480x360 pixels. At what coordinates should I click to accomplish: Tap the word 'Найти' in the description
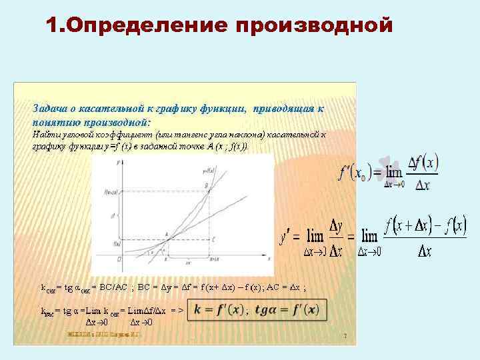point(45,134)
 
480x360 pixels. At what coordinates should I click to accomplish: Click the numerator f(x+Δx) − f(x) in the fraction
point(424,227)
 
